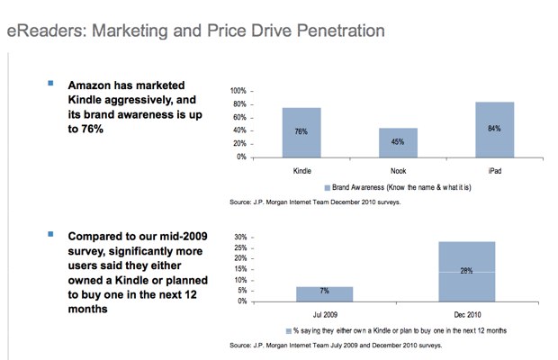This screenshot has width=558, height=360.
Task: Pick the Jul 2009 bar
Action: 324,293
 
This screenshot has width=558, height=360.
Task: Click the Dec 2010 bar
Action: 466,271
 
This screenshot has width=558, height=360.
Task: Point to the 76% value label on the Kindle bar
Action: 301,131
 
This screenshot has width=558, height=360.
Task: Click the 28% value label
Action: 466,270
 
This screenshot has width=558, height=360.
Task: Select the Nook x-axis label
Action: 398,169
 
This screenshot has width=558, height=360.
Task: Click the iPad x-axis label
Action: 494,169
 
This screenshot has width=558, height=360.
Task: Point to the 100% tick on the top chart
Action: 238,92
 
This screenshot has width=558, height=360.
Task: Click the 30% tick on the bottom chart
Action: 240,238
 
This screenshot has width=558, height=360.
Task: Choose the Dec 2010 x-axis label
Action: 466,313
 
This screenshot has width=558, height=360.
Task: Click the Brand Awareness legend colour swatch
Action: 327,188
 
